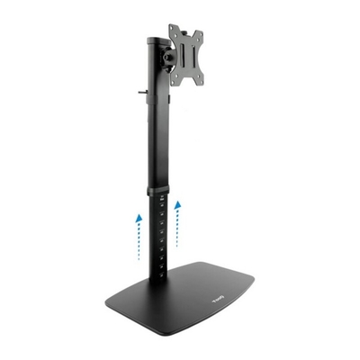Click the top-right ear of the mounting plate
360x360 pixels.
[198, 31]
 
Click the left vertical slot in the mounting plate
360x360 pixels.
[180, 58]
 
